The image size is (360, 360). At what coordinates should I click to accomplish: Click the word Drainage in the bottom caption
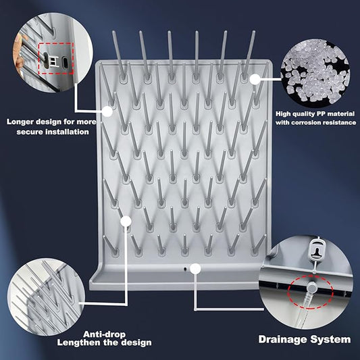point(284,339)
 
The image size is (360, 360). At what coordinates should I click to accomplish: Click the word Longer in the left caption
point(22,122)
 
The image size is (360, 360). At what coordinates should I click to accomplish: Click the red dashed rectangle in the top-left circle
point(56,60)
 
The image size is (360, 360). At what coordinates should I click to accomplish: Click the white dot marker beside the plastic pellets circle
point(255,78)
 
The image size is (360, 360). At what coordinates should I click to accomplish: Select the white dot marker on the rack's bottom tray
point(195,269)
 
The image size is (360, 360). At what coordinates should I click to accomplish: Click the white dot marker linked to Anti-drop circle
point(125,220)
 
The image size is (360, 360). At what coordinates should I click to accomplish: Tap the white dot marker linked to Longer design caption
point(107,111)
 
